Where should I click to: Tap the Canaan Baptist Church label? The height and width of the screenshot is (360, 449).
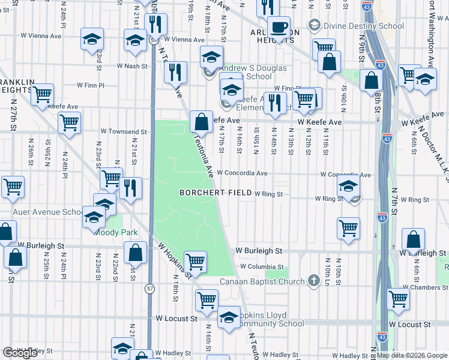(268, 280)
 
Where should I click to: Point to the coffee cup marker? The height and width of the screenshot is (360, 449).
(279, 27)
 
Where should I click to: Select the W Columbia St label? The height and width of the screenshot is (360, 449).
(262, 266)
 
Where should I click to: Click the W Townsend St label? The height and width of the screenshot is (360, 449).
(124, 131)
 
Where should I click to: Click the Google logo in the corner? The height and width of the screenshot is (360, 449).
(20, 353)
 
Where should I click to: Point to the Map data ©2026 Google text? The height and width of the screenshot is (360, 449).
(412, 355)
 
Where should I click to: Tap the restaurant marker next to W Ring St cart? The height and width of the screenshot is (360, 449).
(130, 188)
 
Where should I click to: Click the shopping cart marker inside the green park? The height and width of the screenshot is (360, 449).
(195, 262)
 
